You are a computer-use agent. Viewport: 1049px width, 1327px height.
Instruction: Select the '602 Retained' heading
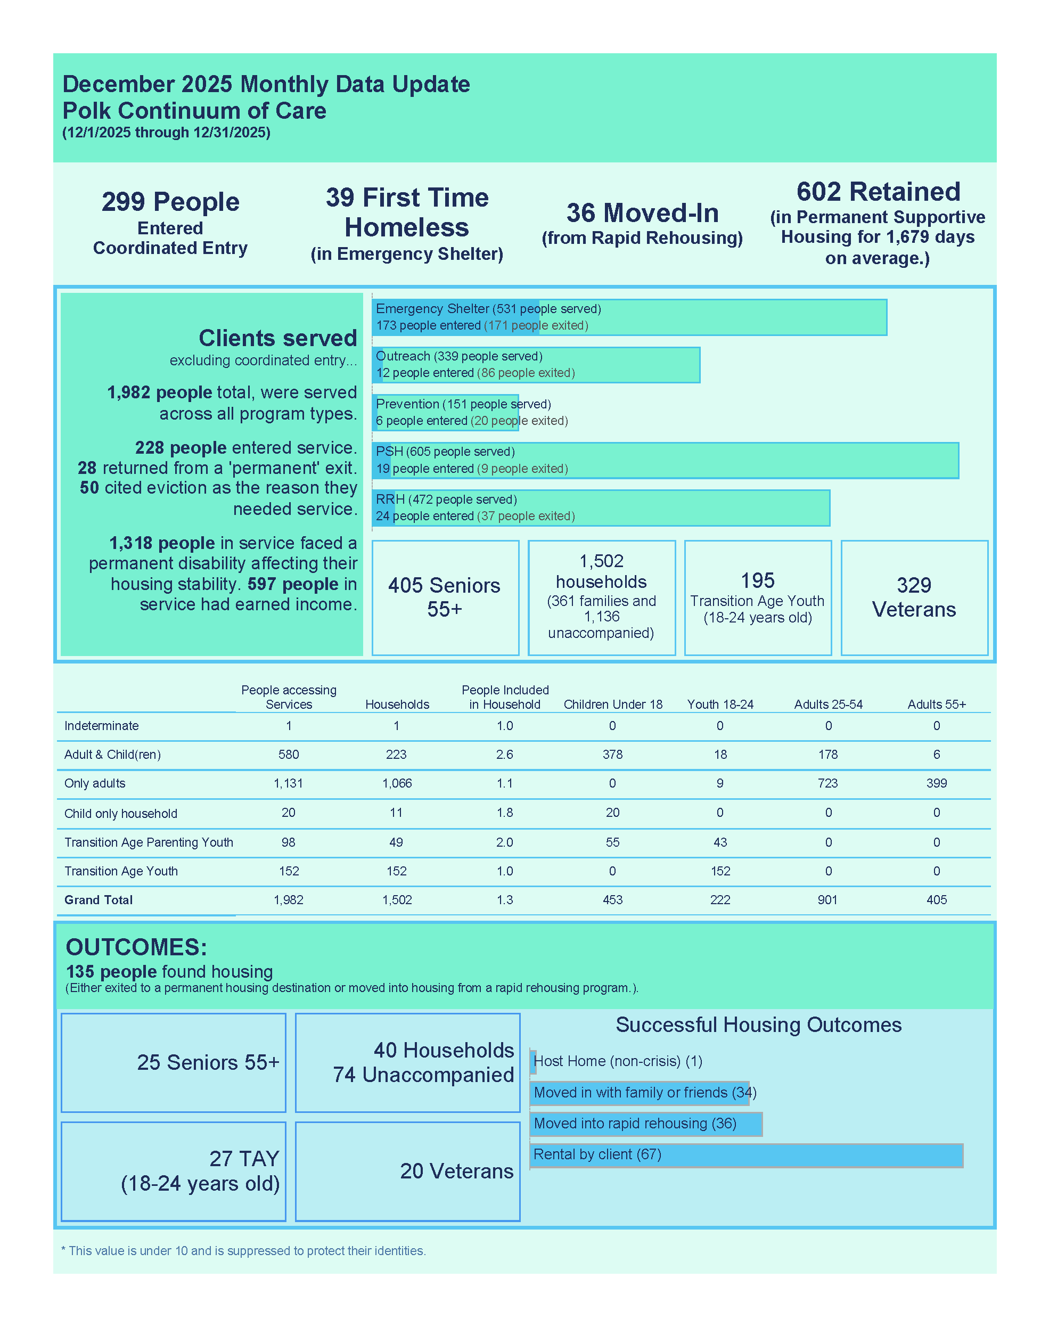878,192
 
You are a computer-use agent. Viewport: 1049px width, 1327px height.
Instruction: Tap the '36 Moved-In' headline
642,213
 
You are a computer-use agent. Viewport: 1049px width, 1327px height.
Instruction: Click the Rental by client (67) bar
745,1155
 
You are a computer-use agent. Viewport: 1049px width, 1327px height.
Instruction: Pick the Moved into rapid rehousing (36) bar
645,1124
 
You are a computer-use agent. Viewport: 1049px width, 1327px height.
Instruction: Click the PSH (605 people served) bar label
445,452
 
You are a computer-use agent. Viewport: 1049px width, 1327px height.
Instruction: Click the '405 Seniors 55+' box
445,597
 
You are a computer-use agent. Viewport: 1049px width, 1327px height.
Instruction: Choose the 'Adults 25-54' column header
828,705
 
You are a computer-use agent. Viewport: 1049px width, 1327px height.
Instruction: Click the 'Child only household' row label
121,814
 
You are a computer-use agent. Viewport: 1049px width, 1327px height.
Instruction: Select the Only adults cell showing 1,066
397,783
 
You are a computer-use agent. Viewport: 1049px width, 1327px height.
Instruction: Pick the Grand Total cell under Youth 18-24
720,900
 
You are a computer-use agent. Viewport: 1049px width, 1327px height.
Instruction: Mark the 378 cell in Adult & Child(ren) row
612,755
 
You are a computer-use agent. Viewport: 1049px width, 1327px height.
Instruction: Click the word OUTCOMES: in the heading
136,947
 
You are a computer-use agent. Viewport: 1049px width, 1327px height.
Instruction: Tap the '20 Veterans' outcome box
456,1171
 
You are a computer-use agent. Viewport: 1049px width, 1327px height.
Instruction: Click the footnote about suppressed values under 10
243,1251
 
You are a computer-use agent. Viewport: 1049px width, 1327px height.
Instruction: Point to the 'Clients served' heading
277,338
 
